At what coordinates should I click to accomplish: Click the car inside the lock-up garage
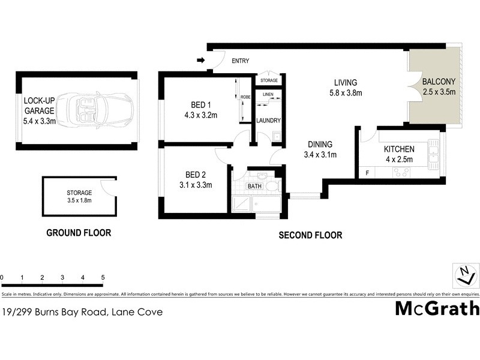[x=98, y=110]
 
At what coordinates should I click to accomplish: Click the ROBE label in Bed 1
[x=245, y=97]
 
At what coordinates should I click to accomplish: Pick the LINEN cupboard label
[x=268, y=94]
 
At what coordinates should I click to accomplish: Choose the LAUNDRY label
[x=268, y=121]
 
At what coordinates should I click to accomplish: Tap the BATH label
[x=255, y=187]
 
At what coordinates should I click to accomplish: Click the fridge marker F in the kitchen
[x=367, y=173]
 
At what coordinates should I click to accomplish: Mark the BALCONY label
[x=439, y=82]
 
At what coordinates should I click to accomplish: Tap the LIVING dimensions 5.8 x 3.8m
[x=345, y=93]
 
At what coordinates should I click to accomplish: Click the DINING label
[x=320, y=145]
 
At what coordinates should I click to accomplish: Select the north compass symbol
[x=465, y=275]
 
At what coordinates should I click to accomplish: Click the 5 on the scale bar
[x=103, y=278]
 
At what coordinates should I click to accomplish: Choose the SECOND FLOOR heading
[x=310, y=236]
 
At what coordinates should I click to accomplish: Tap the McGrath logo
[x=437, y=308]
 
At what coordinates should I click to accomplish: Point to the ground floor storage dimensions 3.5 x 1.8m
[x=79, y=200]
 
